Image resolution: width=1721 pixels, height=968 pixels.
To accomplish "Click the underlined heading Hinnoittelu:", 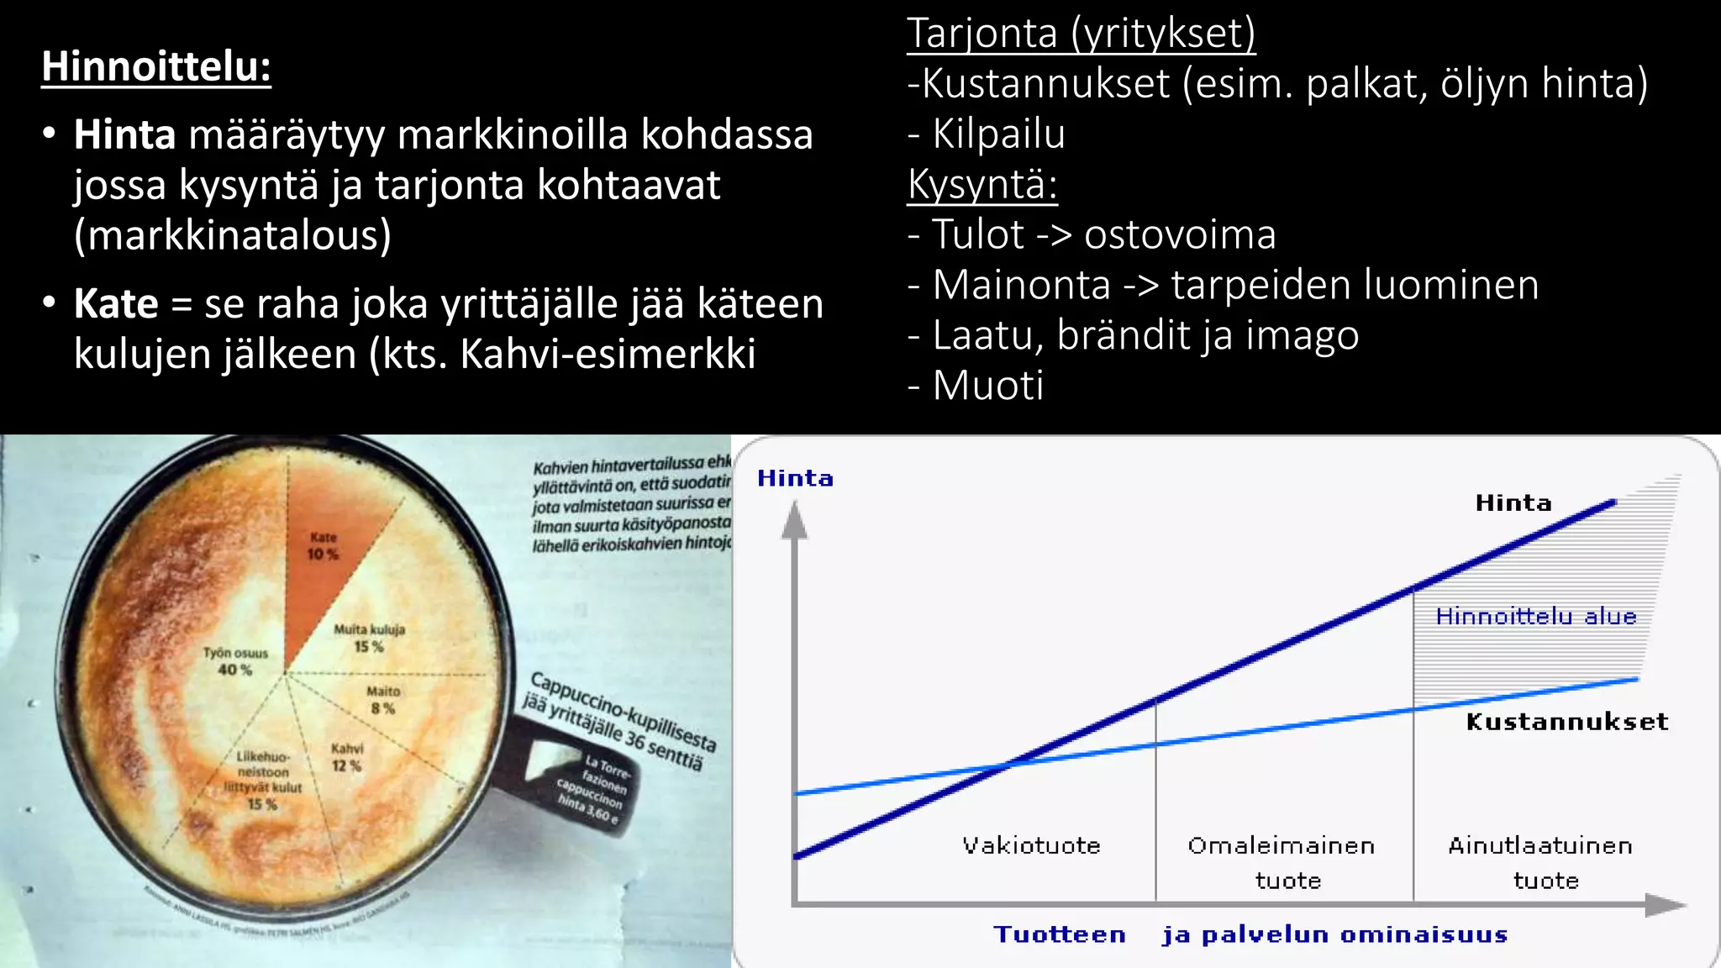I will click(x=156, y=66).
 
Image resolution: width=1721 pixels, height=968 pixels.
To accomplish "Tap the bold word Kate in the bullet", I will click(x=115, y=303).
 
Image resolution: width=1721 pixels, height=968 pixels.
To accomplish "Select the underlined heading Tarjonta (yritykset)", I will click(x=1081, y=34).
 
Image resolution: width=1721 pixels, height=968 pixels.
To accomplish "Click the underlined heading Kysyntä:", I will click(x=982, y=184).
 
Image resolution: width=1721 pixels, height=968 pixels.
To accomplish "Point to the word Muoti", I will click(x=988, y=386).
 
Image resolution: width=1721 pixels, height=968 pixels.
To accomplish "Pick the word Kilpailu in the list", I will click(x=998, y=134).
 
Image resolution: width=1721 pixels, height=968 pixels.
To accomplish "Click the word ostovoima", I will click(x=1180, y=234).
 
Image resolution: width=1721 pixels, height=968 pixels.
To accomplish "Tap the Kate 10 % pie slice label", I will click(x=323, y=545).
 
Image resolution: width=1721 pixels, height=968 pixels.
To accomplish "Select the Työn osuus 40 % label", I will click(x=235, y=661).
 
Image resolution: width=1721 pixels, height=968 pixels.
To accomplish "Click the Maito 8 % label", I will click(x=383, y=699).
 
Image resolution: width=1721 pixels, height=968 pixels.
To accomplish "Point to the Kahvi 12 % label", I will click(x=346, y=757).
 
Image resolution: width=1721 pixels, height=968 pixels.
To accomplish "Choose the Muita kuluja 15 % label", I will click(x=369, y=638).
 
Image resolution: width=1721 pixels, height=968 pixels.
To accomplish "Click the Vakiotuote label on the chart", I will click(x=1031, y=845).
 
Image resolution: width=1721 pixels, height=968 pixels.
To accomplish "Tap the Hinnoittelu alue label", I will click(x=1535, y=617).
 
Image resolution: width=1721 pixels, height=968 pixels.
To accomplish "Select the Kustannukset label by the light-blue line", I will click(x=1566, y=722).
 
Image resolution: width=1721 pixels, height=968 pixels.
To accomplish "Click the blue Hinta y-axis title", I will click(x=795, y=478).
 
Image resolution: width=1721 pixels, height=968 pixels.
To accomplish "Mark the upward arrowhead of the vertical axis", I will click(x=794, y=521).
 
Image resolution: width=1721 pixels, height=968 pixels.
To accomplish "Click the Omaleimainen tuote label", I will click(x=1282, y=862).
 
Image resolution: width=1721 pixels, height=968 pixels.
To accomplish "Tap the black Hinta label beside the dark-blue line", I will click(x=1513, y=502).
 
